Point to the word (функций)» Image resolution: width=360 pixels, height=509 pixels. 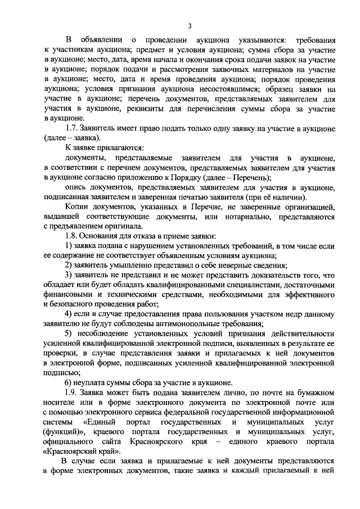pos(68,431)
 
